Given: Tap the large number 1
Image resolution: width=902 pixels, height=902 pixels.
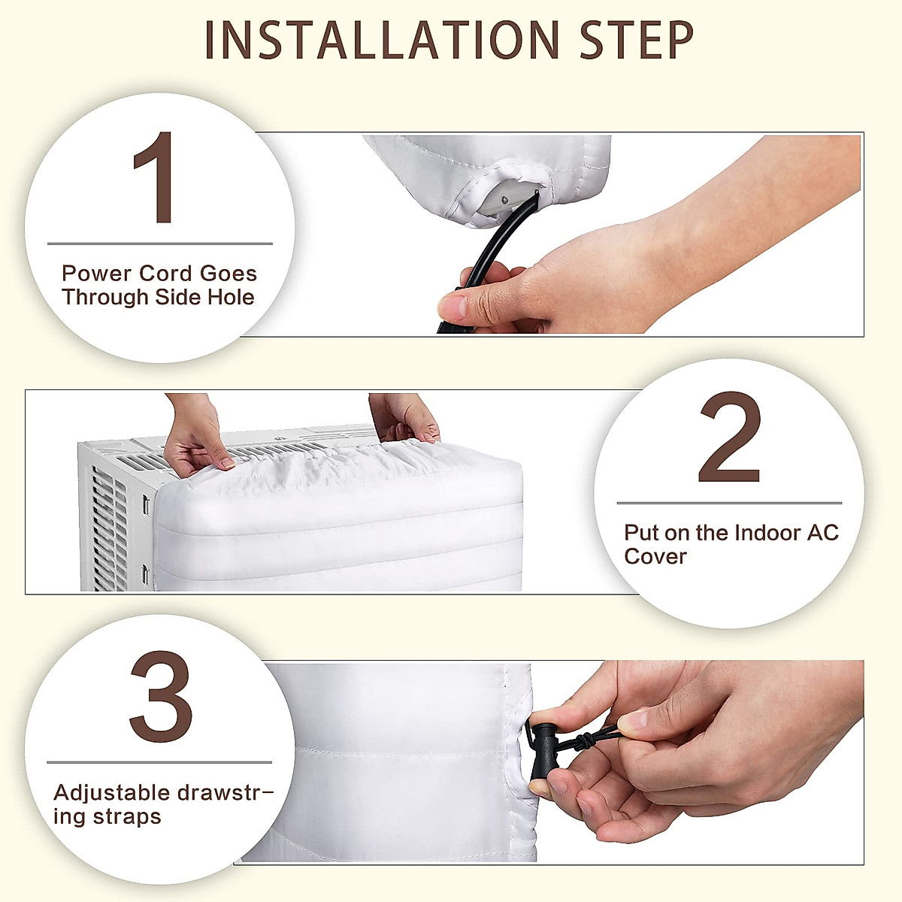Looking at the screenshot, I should point(156,178).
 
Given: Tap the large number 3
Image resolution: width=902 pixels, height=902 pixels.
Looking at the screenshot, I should point(160,698).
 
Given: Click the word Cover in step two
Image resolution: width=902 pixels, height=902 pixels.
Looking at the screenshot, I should point(655,557).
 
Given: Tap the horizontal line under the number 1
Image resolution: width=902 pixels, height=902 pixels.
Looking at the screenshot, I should point(159,244).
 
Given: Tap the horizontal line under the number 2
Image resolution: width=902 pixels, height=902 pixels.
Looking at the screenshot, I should point(728,503).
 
